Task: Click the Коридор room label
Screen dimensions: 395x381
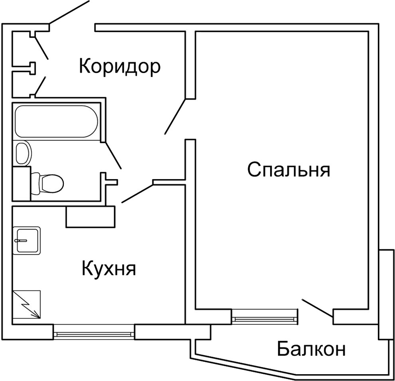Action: click(120, 66)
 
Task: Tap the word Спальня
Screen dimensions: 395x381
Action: click(288, 170)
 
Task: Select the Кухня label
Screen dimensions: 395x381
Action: click(109, 268)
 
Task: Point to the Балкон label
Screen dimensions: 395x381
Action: click(311, 350)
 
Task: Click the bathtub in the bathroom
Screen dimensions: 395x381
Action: click(56, 121)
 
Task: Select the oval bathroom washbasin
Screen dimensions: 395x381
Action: click(23, 152)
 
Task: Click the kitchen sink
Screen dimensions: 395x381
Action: click(27, 240)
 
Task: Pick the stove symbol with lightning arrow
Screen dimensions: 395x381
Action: click(27, 304)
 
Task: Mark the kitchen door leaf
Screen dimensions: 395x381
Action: click(137, 193)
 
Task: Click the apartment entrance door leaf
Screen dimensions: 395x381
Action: click(69, 13)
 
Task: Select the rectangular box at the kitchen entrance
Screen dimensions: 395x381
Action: click(90, 217)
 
